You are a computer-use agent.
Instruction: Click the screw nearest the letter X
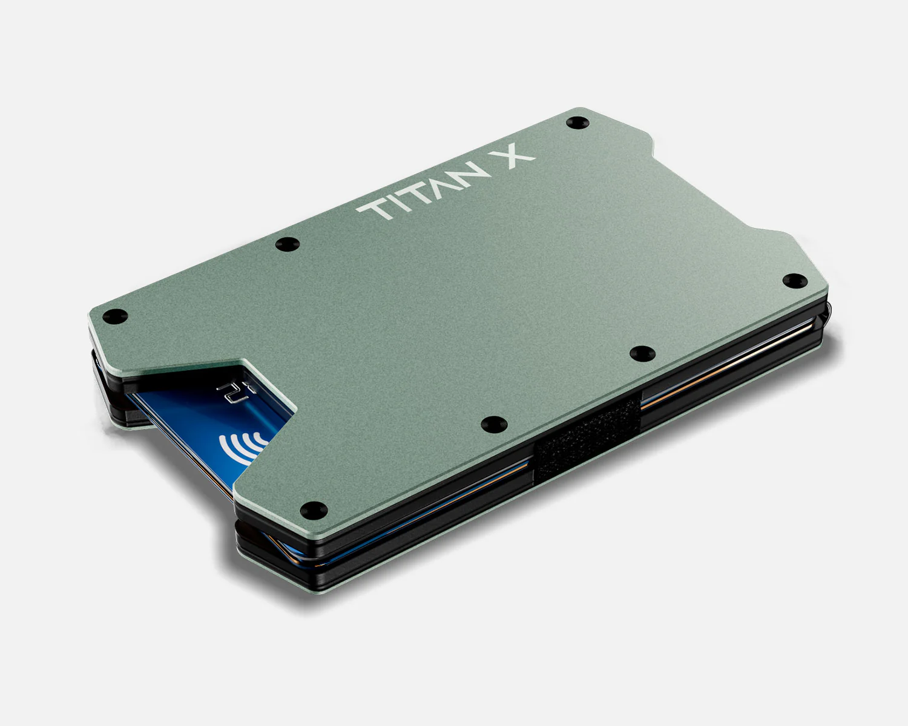pos(576,123)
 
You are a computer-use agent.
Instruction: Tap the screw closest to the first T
pos(287,244)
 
